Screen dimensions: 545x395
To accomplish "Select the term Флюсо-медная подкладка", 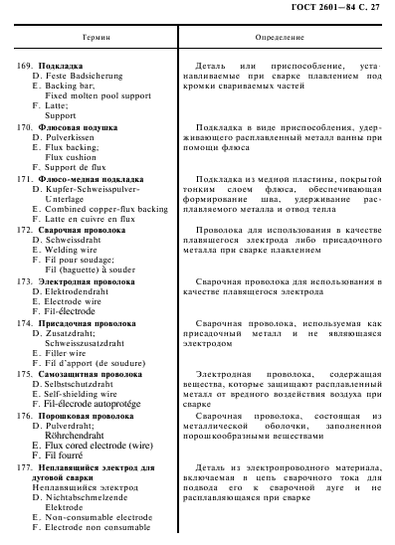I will [x=91, y=179].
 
